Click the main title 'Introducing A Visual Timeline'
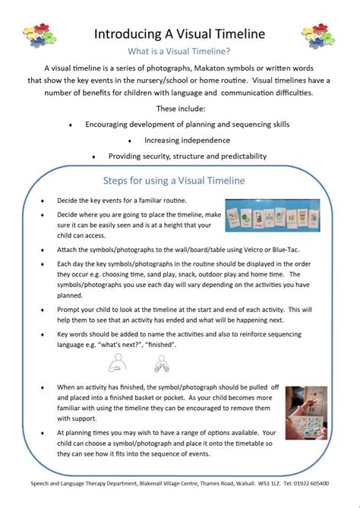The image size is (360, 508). click(180, 33)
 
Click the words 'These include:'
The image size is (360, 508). click(180, 107)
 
